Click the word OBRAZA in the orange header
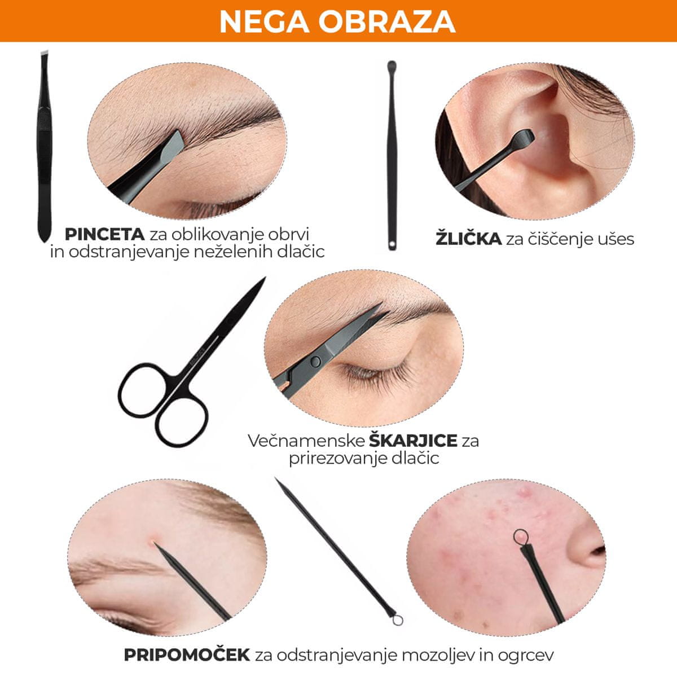387,22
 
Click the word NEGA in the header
264,22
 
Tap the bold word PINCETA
105,234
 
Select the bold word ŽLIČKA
468,239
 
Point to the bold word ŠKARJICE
413,441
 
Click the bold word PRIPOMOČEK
187,645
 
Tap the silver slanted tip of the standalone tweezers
45,53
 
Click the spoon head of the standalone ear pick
392,65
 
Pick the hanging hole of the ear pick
393,244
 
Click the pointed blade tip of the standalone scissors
264,278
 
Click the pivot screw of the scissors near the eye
315,361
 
